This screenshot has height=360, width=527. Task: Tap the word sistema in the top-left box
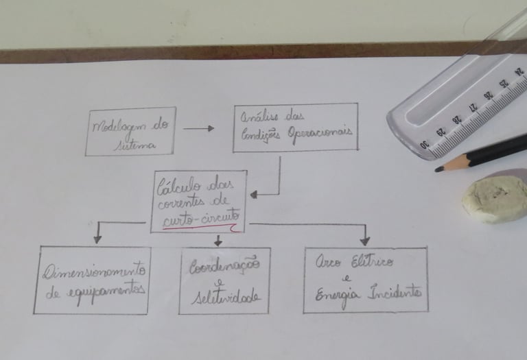pos(137,144)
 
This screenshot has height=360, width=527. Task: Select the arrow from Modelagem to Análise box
pos(198,128)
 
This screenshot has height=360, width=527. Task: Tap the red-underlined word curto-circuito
pos(200,219)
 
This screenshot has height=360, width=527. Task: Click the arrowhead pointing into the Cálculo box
pos(254,194)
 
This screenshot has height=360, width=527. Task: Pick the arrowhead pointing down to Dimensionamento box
pos(97,239)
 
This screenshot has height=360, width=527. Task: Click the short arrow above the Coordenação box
pos(218,240)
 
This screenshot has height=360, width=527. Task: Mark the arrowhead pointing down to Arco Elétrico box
pos(364,240)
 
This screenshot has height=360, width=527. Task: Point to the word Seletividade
pos(224,297)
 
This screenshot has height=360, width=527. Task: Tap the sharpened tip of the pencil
pos(438,169)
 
